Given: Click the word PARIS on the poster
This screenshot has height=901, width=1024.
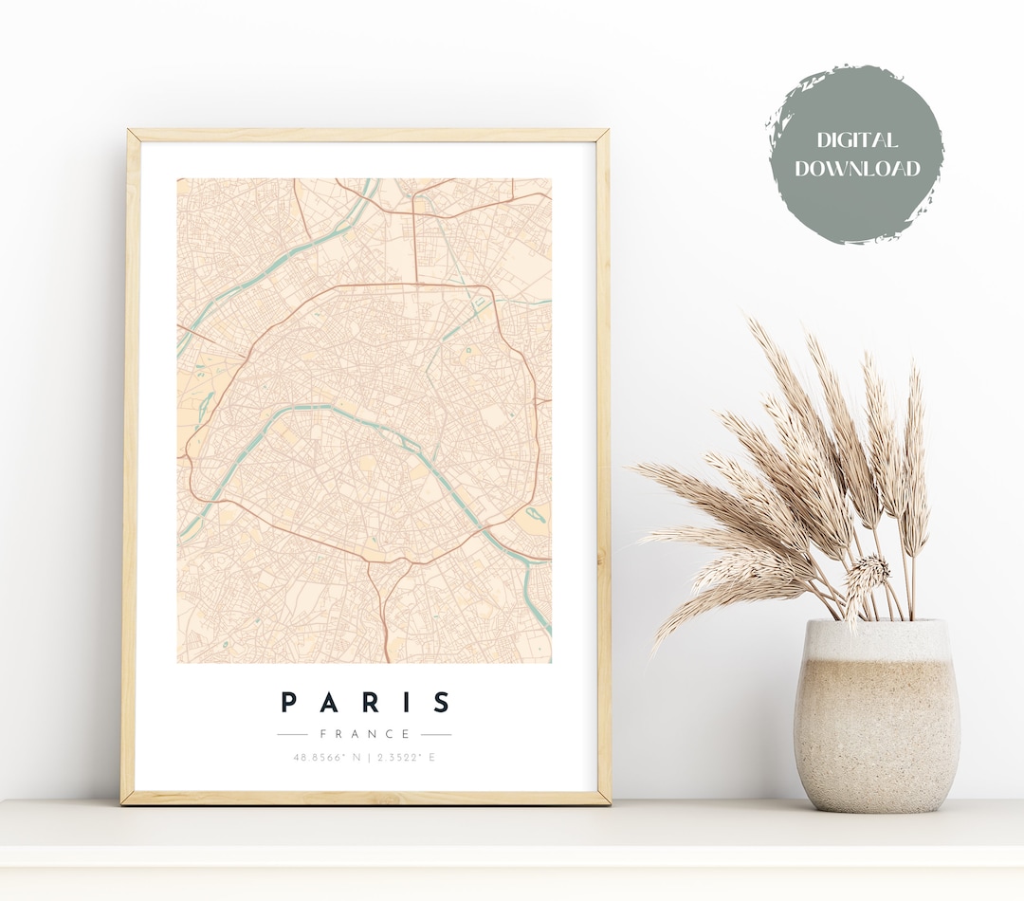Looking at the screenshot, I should pos(365,703).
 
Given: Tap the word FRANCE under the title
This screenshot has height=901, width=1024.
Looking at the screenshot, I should pos(365,734).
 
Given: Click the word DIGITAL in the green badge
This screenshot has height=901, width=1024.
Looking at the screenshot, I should pos(857,141).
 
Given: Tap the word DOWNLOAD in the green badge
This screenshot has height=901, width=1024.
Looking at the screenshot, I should pos(857,170).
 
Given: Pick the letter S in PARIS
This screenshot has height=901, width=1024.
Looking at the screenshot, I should pos(442,703).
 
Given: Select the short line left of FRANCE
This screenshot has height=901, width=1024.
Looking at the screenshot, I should pos(292,734).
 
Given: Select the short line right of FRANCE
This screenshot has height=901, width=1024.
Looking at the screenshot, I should pos(436,734).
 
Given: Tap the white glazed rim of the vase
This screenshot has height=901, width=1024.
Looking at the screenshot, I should pos(876,634).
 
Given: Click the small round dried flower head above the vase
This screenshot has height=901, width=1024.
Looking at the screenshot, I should pos(868,571).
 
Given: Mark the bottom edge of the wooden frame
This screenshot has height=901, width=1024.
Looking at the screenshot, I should pos(365,799).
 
